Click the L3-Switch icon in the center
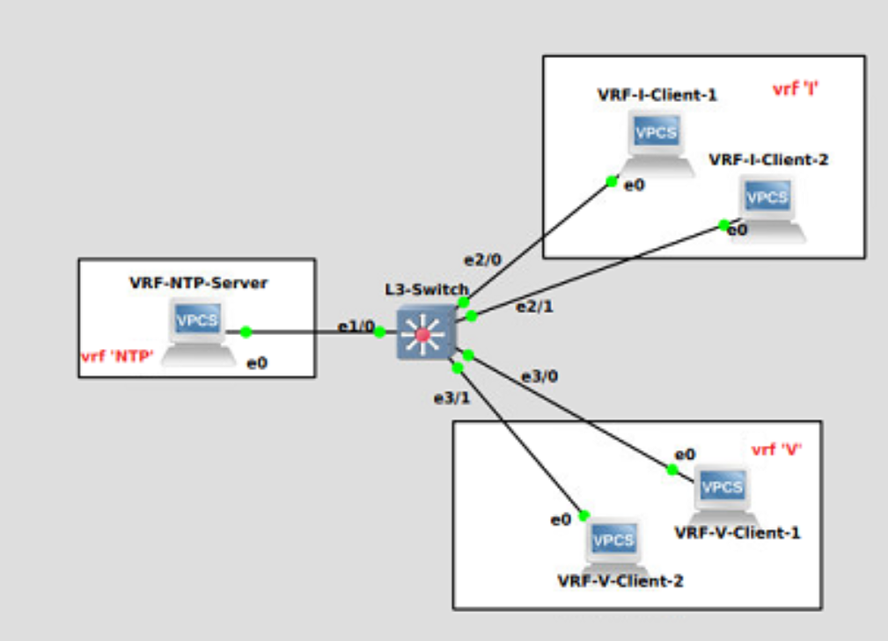[x=424, y=334]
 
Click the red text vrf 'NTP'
[x=118, y=356]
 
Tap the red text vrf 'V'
[x=776, y=450]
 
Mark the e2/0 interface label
[x=482, y=259]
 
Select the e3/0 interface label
[x=539, y=376]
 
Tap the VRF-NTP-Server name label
[x=198, y=283]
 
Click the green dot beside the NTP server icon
[x=246, y=331]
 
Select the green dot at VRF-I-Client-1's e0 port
[x=611, y=182]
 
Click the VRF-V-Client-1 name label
[x=738, y=533]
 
